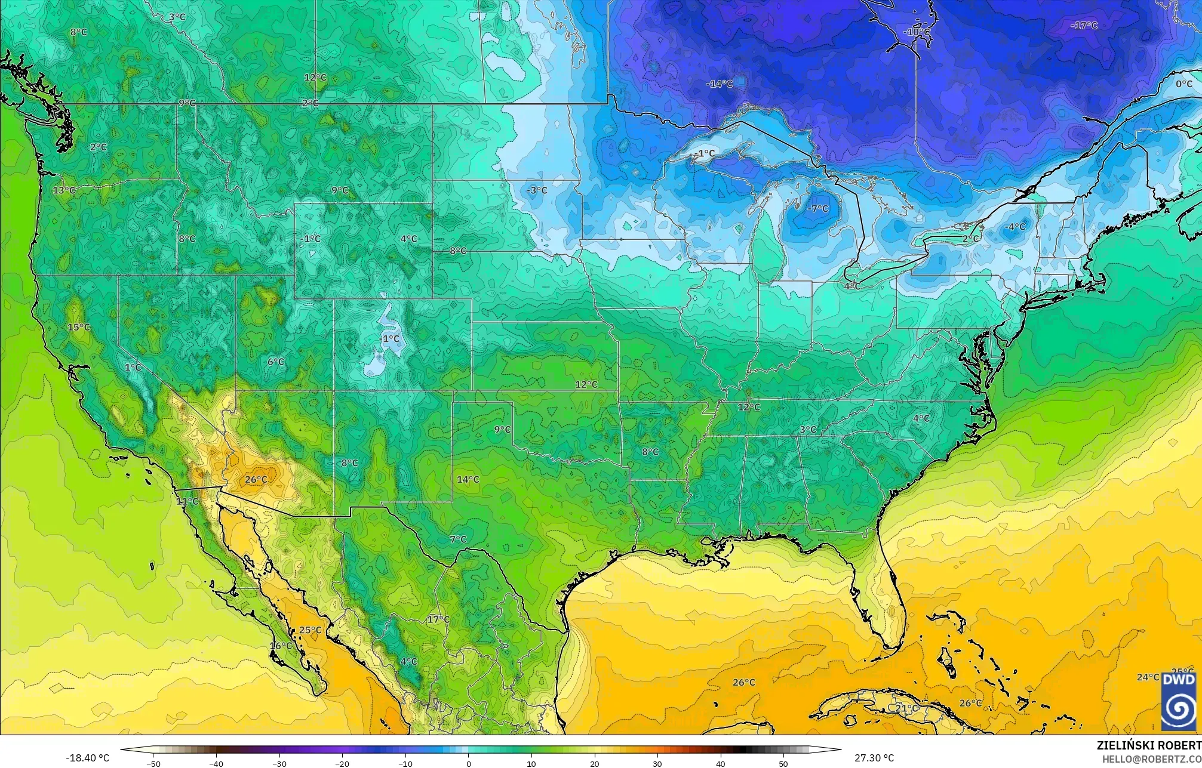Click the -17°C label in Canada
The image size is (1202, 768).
(x=1084, y=26)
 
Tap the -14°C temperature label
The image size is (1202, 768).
(x=719, y=84)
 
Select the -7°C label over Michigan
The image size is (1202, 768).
(x=817, y=209)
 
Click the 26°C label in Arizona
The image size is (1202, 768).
(x=256, y=480)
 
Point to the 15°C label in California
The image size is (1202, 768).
(x=78, y=328)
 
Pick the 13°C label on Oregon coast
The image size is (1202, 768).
(x=64, y=190)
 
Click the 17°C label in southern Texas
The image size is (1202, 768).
(x=438, y=619)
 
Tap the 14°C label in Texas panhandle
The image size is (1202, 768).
(x=468, y=479)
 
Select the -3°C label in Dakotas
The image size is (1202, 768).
(x=536, y=190)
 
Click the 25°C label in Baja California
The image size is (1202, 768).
(x=310, y=630)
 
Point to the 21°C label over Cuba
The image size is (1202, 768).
(x=906, y=708)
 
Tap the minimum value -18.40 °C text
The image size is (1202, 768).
(x=87, y=758)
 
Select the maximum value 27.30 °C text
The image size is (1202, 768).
(x=874, y=758)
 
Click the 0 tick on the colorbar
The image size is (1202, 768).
(x=469, y=764)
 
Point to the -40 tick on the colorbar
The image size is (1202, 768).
(x=216, y=764)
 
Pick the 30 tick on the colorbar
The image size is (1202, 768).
(x=657, y=764)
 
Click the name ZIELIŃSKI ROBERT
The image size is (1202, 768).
(x=1148, y=745)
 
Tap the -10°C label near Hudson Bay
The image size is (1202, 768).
(x=917, y=32)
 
